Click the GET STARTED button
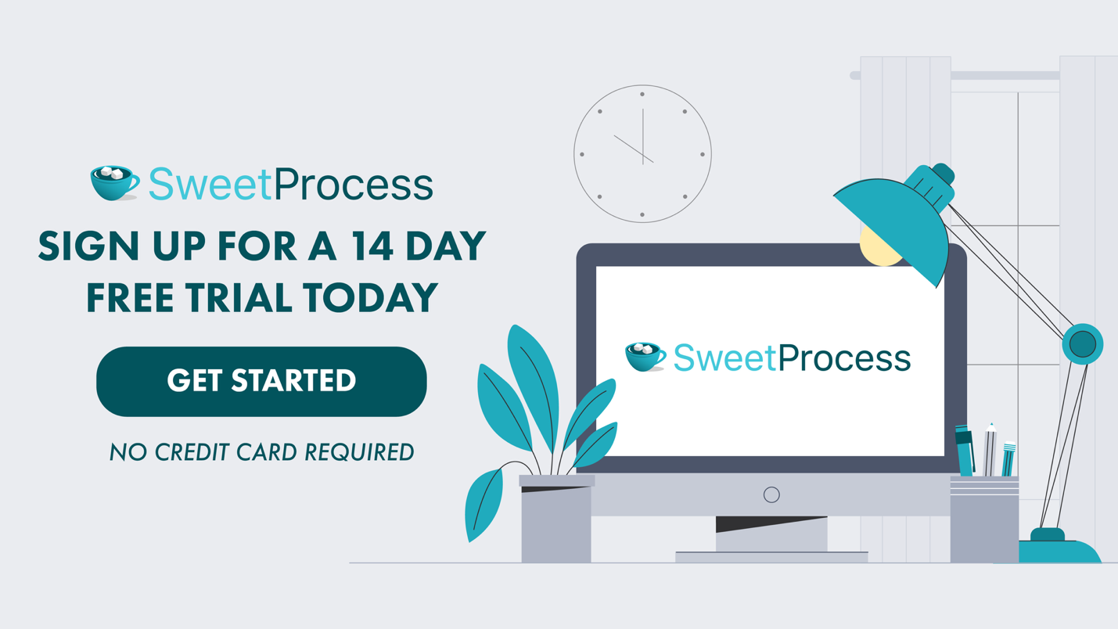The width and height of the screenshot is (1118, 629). click(x=261, y=381)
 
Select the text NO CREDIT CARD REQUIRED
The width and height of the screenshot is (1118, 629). click(x=261, y=452)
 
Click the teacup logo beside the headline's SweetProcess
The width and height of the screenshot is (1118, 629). click(x=114, y=182)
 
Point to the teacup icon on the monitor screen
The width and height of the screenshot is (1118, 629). click(x=645, y=357)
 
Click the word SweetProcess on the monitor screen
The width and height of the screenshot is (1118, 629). click(x=792, y=358)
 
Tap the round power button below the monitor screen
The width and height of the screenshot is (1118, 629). click(x=771, y=494)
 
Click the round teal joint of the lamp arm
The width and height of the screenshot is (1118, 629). click(x=1083, y=343)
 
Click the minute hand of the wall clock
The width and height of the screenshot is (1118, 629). click(x=643, y=135)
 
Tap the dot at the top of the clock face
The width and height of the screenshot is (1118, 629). click(x=642, y=95)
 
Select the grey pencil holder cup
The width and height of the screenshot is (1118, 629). click(x=984, y=520)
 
